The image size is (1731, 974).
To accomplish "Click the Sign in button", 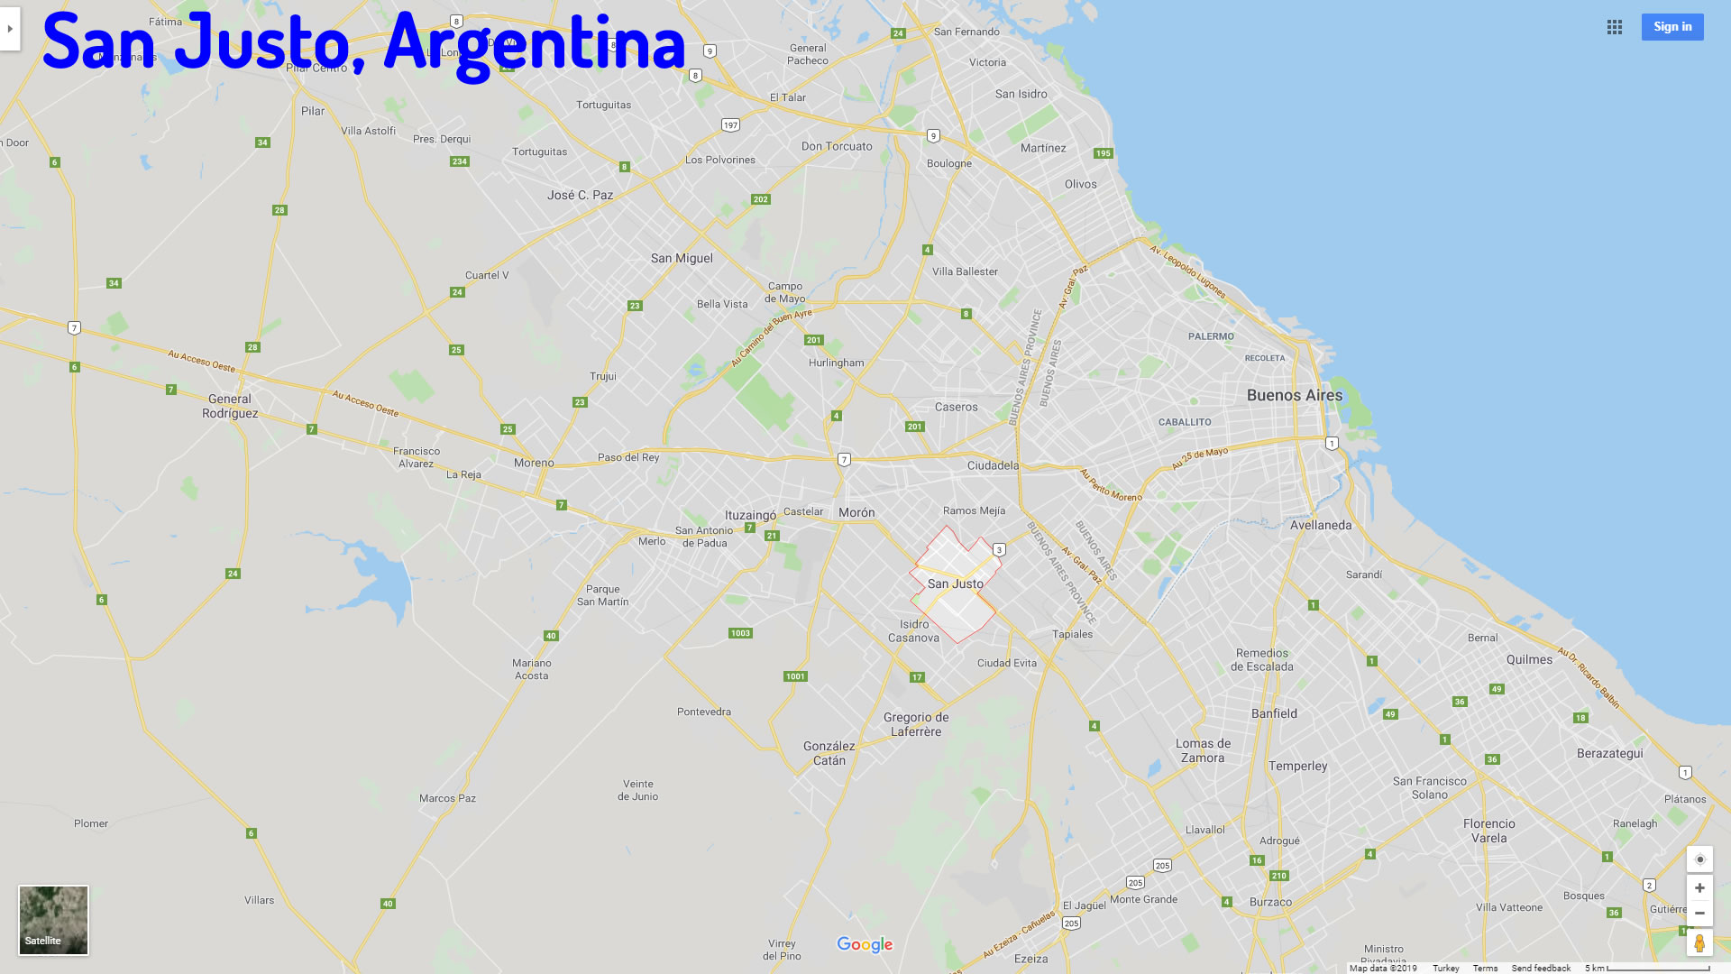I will coord(1671,27).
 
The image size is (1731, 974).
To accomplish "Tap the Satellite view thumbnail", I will coord(53,919).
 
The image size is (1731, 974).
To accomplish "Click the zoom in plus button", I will coord(1699,887).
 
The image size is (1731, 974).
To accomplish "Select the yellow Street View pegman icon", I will coord(1699,943).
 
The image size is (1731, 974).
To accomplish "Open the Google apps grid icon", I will coord(1614,27).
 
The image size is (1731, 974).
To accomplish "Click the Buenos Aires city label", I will coord(1294,395).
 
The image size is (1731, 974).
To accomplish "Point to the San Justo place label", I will coord(955,583).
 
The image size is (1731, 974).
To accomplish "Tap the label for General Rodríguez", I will coord(230,406).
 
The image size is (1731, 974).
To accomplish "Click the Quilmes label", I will coord(1529,659).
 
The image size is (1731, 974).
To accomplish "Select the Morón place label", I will coord(856,512).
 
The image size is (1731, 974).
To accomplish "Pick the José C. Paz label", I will coord(580,195).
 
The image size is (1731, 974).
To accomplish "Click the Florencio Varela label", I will coord(1488,831).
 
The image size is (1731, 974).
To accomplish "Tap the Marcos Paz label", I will coord(447,798).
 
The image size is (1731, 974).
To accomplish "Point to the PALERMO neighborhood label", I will coord(1211,336).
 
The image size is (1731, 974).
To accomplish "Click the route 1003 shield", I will coord(740,633).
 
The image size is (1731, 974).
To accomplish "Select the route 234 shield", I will coord(459,161).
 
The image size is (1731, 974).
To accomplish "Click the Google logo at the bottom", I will coord(865,944).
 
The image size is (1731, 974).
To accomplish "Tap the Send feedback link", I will coord(1540,968).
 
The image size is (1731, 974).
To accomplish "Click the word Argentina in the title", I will coord(534,43).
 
